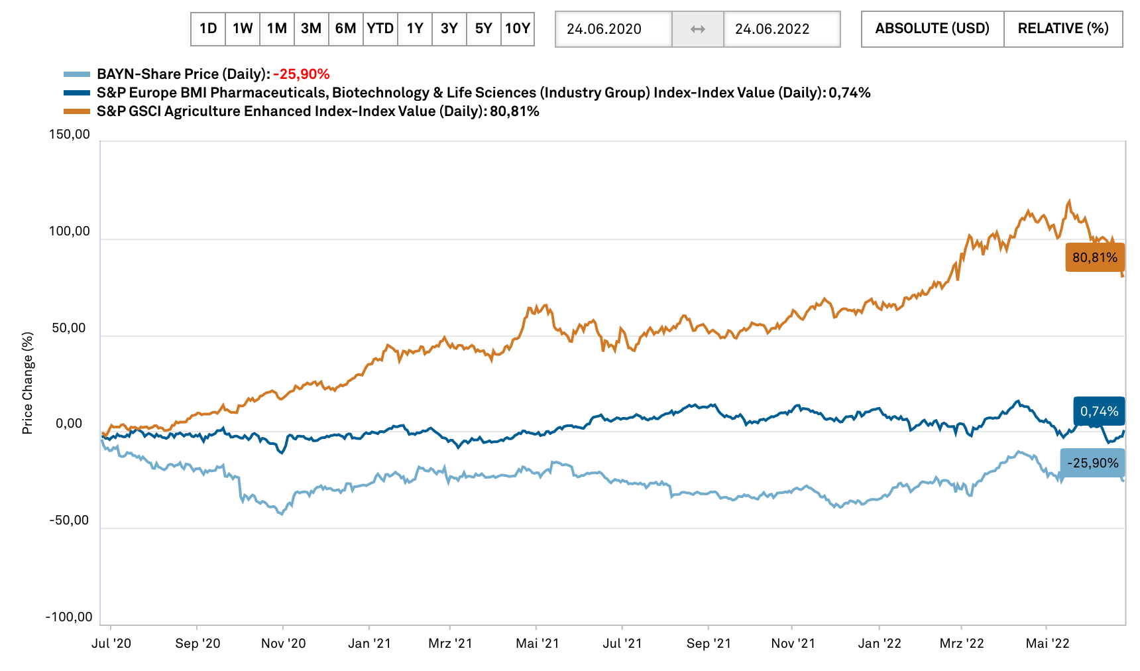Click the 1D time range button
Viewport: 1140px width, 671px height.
pyautogui.click(x=208, y=29)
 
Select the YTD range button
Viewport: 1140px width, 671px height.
pyautogui.click(x=380, y=29)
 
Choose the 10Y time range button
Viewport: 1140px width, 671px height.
pyautogui.click(x=518, y=29)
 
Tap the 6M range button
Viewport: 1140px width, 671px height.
pyautogui.click(x=346, y=29)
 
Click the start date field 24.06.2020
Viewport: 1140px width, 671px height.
pyautogui.click(x=614, y=29)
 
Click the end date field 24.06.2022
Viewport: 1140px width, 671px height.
pyautogui.click(x=782, y=29)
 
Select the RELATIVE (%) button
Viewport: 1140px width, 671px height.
pyautogui.click(x=1063, y=29)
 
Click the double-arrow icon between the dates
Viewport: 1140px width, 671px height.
pyautogui.click(x=698, y=29)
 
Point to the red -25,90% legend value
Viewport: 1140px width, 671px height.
pyautogui.click(x=302, y=74)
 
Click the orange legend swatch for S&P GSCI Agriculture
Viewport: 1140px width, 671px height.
pyautogui.click(x=77, y=111)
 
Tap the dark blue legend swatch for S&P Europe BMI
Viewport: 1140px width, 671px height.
pyautogui.click(x=77, y=93)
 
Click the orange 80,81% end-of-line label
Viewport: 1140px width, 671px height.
pyautogui.click(x=1095, y=257)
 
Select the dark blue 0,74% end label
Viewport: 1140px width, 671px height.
pyautogui.click(x=1099, y=411)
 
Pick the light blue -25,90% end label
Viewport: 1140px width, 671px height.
pyautogui.click(x=1092, y=463)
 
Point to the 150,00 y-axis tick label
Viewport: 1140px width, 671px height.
pyautogui.click(x=70, y=135)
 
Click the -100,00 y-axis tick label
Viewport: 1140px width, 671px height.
pyautogui.click(x=69, y=617)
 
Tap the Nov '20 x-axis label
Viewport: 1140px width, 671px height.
pyautogui.click(x=284, y=643)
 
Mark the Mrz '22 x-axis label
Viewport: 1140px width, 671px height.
pyautogui.click(x=962, y=643)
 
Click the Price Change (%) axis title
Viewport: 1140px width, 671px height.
pyautogui.click(x=27, y=383)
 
